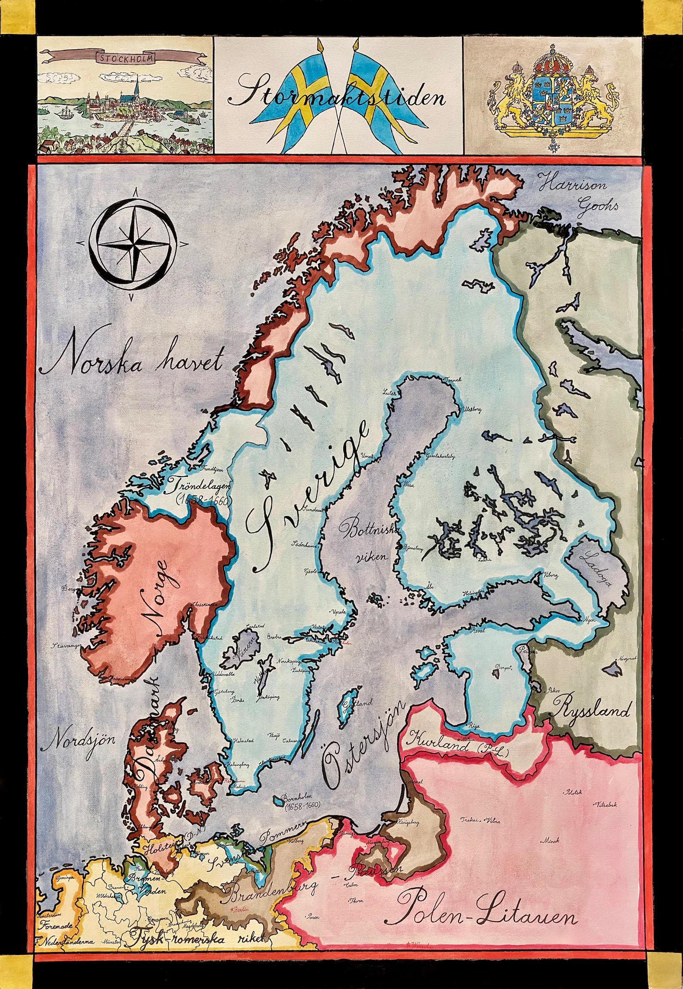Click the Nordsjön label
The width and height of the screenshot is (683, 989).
pos(80,742)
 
